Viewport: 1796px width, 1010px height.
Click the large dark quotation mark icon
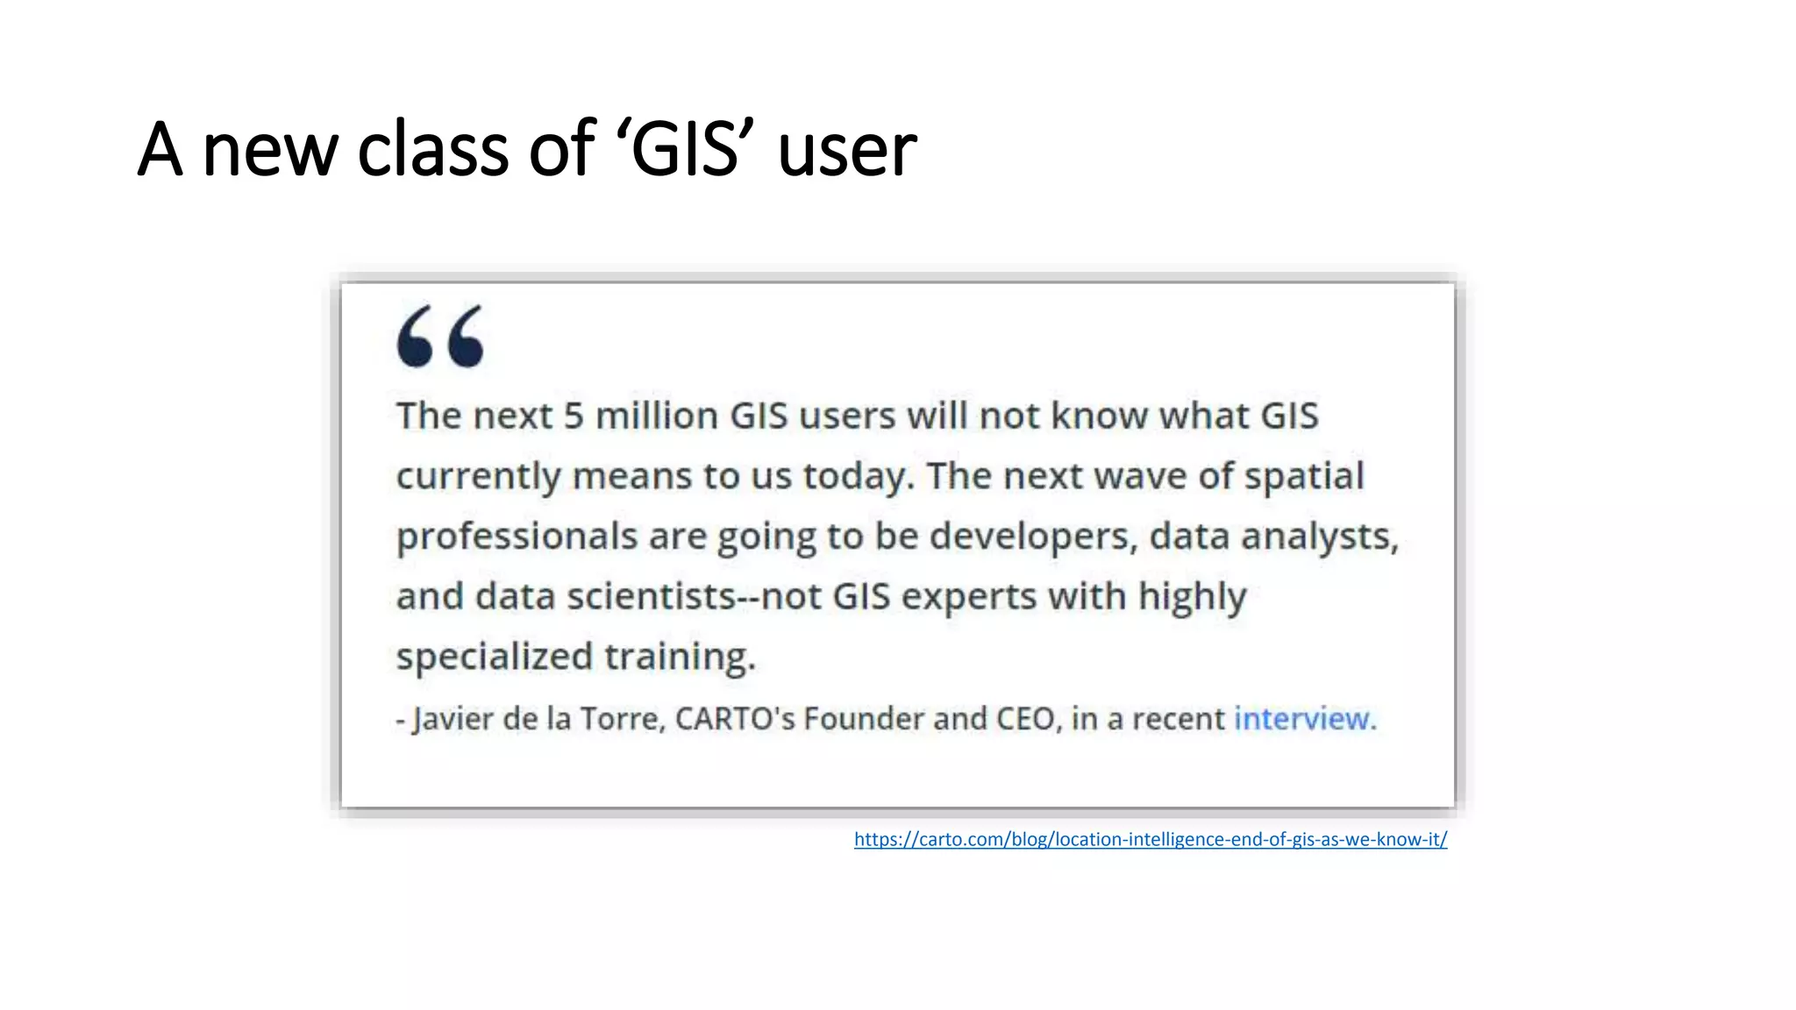click(440, 336)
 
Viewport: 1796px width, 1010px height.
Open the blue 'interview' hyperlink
click(1301, 719)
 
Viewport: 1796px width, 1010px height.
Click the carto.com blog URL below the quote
click(1150, 839)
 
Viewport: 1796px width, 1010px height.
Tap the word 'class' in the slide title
click(433, 149)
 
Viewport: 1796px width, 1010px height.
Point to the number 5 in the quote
click(573, 416)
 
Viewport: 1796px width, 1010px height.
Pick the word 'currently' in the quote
click(478, 477)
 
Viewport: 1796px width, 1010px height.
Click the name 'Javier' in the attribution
click(453, 719)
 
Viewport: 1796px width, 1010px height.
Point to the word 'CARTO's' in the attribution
click(734, 719)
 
